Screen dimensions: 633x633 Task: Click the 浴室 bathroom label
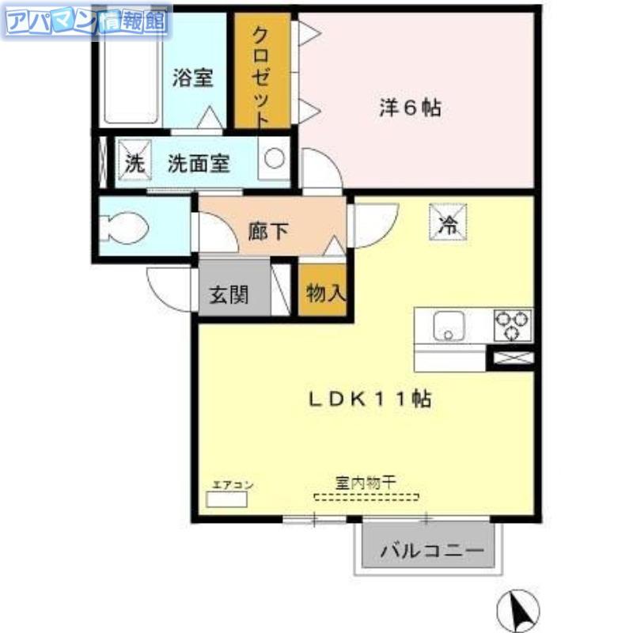tap(192, 78)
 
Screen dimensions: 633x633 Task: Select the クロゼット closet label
tap(260, 77)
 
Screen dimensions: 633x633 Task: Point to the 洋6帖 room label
tap(409, 108)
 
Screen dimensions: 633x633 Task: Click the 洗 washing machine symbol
tap(135, 160)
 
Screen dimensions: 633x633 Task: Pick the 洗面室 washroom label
tap(199, 164)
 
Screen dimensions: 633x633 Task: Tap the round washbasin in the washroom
tap(275, 157)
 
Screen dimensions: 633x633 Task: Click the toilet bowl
tap(124, 228)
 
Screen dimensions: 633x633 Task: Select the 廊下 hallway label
tap(267, 231)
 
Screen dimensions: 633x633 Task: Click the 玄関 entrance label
tap(229, 294)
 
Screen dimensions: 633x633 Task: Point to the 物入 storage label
tap(326, 293)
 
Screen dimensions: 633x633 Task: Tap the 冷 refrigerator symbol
tap(448, 222)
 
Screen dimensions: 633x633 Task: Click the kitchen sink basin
tap(449, 326)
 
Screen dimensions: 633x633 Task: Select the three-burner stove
tap(513, 325)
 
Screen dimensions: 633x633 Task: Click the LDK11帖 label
tap(370, 400)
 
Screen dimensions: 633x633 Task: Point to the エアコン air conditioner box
tap(226, 499)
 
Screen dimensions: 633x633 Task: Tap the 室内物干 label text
tap(366, 482)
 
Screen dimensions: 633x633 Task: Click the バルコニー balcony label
tap(432, 550)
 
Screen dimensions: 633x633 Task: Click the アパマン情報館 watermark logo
tap(87, 21)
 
